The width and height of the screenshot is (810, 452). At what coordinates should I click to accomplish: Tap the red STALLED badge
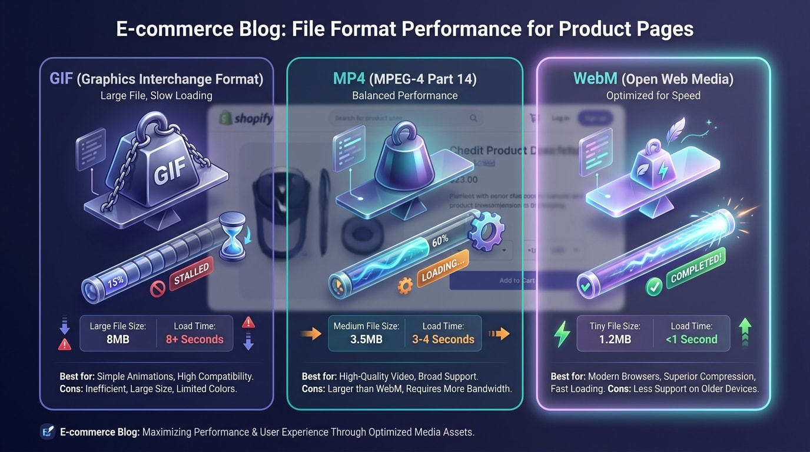191,275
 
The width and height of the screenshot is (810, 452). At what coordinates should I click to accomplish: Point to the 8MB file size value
118,339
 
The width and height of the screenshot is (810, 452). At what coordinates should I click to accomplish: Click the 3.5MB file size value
366,339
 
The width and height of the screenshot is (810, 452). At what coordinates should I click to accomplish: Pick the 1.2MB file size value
615,339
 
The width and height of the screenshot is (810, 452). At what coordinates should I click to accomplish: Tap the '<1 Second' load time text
692,339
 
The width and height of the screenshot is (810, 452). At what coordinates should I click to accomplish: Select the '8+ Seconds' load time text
195,339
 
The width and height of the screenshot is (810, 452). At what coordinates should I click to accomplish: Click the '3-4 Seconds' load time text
443,339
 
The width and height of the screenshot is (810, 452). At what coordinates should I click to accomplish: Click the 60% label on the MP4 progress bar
440,239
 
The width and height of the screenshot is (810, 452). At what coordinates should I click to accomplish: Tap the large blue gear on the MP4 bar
486,233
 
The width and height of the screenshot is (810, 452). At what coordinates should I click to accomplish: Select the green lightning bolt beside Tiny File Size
562,334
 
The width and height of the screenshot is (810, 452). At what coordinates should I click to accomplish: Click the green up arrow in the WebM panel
745,333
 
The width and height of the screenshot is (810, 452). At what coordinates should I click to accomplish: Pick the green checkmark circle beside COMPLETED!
654,287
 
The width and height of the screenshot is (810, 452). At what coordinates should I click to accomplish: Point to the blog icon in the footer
48,432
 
